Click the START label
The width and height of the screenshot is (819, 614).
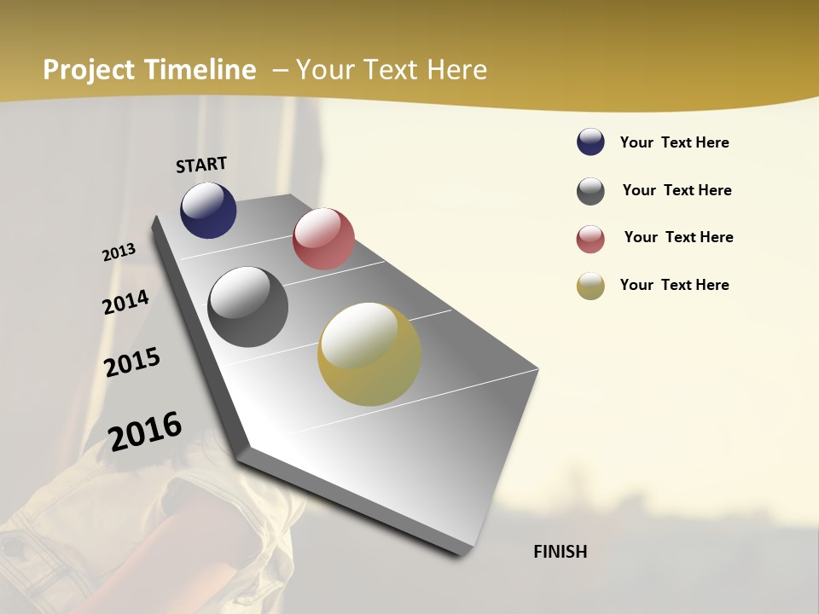click(x=201, y=165)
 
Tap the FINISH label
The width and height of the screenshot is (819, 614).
click(x=560, y=552)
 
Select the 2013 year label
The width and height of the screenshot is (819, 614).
click(x=119, y=252)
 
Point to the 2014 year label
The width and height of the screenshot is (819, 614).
click(x=125, y=302)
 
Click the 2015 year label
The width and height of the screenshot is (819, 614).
click(x=132, y=362)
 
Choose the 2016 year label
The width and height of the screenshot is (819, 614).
click(x=145, y=432)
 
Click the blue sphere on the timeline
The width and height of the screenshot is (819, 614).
click(x=208, y=210)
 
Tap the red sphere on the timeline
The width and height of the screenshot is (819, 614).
click(x=323, y=239)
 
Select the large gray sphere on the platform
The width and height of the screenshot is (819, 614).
click(x=248, y=307)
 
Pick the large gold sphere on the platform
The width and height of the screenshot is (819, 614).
click(x=369, y=354)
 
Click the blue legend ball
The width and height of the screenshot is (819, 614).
click(x=590, y=142)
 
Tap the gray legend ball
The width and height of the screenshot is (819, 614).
click(x=590, y=191)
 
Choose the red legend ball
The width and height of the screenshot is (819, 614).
click(x=590, y=239)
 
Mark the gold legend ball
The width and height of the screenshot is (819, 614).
click(x=590, y=286)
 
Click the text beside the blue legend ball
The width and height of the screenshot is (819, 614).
click(x=674, y=142)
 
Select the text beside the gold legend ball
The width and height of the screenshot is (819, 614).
click(x=674, y=285)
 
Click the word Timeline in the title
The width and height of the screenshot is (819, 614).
click(x=200, y=70)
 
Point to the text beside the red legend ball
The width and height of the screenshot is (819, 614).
click(x=678, y=237)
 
